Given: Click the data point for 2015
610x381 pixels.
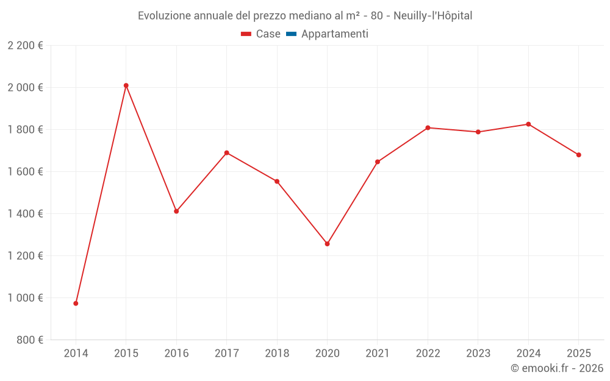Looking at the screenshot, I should coord(126,85).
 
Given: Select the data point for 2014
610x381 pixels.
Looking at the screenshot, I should coord(76,303).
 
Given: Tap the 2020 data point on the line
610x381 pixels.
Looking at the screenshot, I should coord(327,244).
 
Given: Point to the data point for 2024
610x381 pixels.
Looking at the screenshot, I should coord(528,124).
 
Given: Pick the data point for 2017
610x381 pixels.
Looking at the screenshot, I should coord(227,152).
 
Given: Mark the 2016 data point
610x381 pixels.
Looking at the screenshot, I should coord(176,212).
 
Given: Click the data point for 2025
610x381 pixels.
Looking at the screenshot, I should coord(578,155).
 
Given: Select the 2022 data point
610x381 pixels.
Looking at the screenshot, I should coord(428,127).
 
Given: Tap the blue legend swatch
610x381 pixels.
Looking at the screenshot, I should coord(291,34).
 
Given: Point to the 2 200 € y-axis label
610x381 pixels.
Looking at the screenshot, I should coord(25,45).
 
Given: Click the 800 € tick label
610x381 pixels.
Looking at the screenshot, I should coord(29,340).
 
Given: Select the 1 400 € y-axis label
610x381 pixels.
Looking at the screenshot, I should coord(25,213).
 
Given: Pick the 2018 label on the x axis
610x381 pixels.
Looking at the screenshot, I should coord(277,353).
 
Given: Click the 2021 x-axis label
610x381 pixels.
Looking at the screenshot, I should coord(378,353).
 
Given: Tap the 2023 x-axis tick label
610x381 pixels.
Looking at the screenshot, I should coord(478,353).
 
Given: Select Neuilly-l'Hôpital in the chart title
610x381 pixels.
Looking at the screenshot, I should coord(432,16).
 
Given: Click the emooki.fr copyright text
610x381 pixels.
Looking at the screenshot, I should coord(557,368).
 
